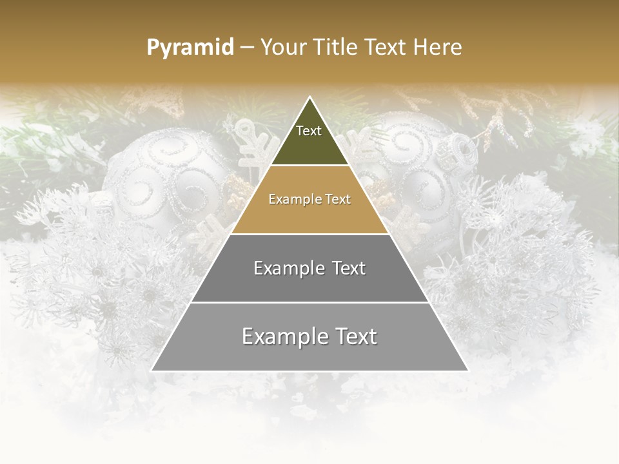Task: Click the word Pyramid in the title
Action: click(190, 48)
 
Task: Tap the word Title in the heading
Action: click(338, 47)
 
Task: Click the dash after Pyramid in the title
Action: click(246, 48)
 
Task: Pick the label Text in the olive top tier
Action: click(309, 131)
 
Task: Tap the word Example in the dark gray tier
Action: click(288, 268)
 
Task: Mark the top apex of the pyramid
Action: click(309, 97)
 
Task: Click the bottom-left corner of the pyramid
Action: click(152, 371)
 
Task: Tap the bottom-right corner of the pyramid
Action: click(467, 371)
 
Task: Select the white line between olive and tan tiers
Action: click(309, 166)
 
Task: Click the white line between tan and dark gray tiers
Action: click(309, 234)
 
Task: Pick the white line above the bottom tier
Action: click(309, 302)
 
